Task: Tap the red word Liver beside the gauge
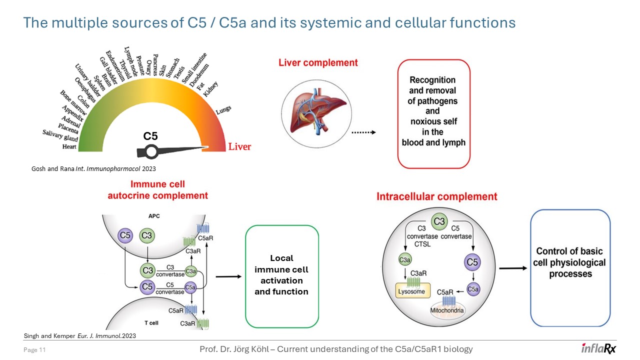click(x=239, y=147)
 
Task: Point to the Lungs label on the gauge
click(x=223, y=111)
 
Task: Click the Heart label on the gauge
click(x=69, y=147)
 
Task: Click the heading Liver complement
click(x=318, y=63)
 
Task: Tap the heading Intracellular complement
click(x=437, y=196)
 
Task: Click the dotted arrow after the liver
click(x=363, y=133)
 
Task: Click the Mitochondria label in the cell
click(x=447, y=311)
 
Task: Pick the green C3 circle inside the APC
click(x=146, y=235)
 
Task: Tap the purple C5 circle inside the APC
click(x=124, y=235)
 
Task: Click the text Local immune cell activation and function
click(x=281, y=275)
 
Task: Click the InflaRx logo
click(x=598, y=349)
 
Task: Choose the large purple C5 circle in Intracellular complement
click(x=471, y=261)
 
